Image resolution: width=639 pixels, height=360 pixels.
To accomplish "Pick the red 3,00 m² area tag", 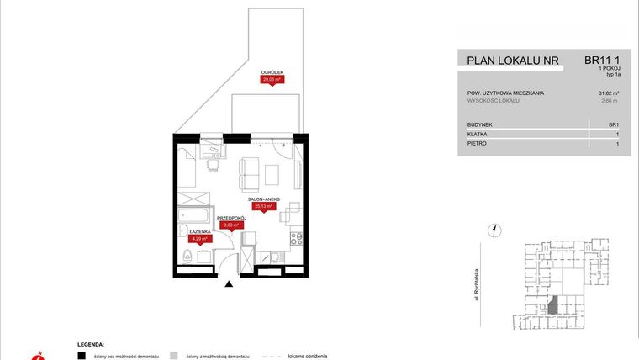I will pyautogui.click(x=230, y=225).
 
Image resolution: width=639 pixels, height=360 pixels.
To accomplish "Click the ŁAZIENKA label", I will pyautogui.click(x=199, y=231).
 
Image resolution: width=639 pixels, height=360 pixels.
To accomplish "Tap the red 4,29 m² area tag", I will pyautogui.click(x=200, y=238).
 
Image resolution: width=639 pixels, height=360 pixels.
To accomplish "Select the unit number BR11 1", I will pyautogui.click(x=602, y=60).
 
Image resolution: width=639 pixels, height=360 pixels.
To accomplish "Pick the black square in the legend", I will pyautogui.click(x=82, y=356).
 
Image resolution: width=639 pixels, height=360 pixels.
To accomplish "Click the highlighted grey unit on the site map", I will pyautogui.click(x=552, y=304).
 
